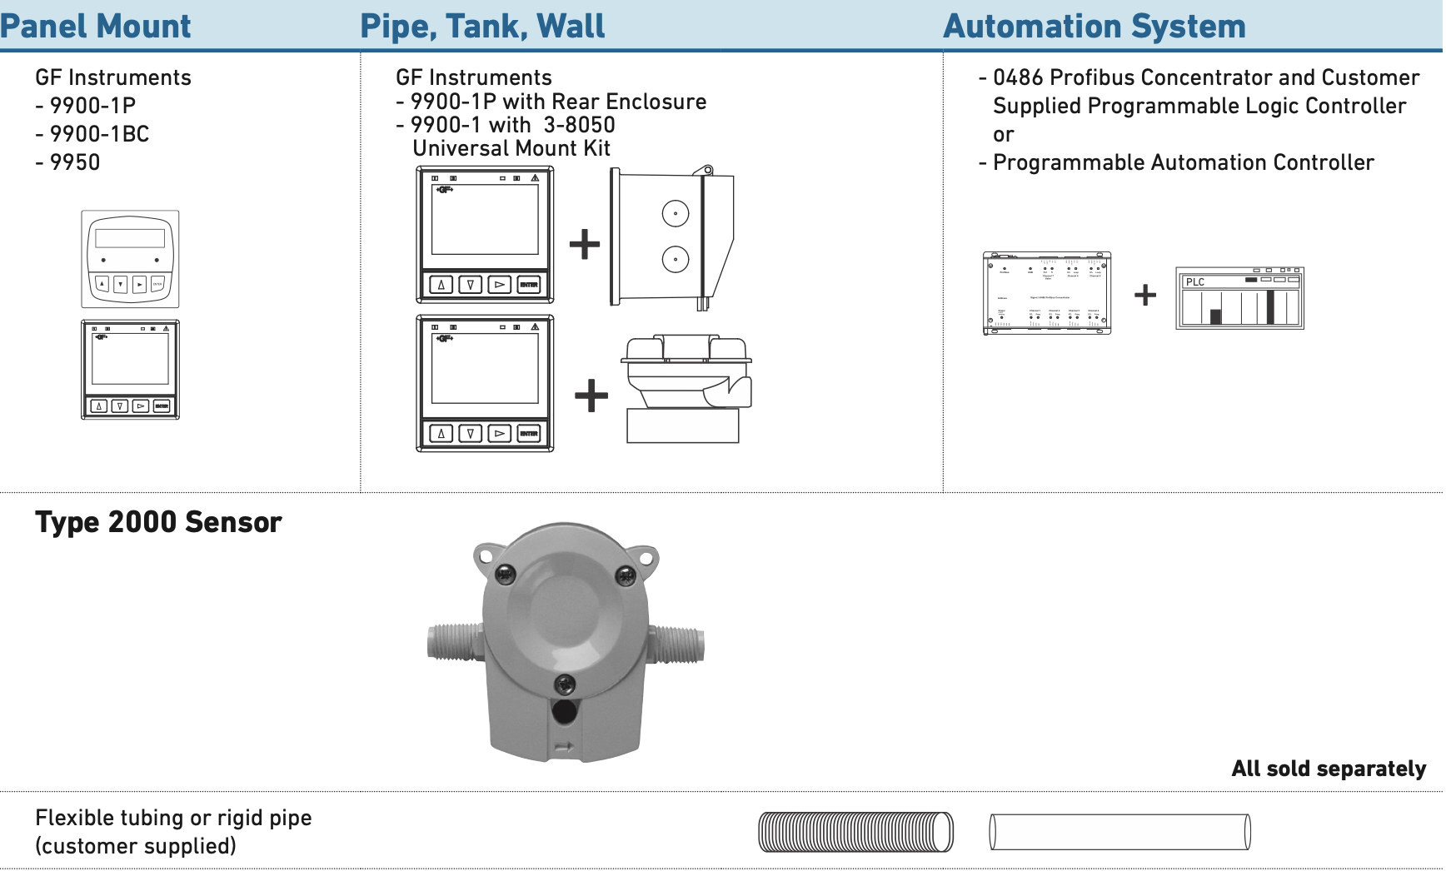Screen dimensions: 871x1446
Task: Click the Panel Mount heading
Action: click(x=96, y=26)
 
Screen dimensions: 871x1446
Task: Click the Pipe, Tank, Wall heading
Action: click(x=482, y=26)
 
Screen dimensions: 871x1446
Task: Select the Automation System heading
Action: click(x=1094, y=26)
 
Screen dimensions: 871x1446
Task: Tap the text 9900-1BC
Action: click(x=98, y=134)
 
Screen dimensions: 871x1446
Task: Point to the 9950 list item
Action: click(x=74, y=162)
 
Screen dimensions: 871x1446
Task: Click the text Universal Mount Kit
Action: click(x=511, y=148)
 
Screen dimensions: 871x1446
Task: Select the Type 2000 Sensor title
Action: click(x=158, y=522)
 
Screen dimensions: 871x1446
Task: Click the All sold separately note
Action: click(x=1329, y=769)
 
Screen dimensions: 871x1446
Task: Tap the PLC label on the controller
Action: click(x=1195, y=282)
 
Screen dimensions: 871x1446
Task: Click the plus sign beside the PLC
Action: click(x=1145, y=295)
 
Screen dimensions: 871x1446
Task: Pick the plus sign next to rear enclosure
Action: click(x=585, y=244)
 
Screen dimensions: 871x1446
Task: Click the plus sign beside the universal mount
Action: click(x=591, y=395)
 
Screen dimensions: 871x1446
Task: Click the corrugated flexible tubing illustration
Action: click(x=855, y=832)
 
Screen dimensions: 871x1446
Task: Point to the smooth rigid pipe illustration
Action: click(x=1119, y=832)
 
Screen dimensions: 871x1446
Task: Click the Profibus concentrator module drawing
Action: click(x=1047, y=293)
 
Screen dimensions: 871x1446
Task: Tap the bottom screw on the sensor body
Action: click(x=565, y=684)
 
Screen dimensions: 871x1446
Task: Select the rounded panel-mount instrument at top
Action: click(x=130, y=259)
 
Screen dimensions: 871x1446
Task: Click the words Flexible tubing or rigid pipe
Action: click(x=173, y=818)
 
